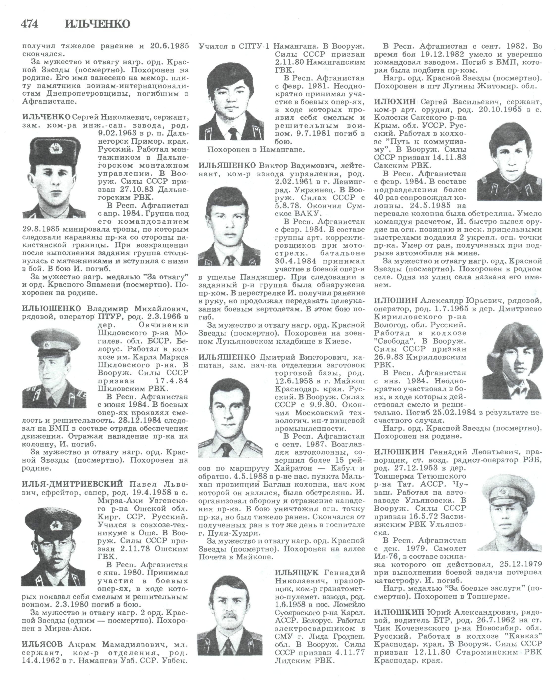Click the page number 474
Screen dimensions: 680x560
pos(29,24)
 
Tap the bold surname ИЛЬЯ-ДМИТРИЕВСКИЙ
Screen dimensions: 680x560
pos(73,484)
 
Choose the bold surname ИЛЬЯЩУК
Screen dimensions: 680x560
pos(296,573)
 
